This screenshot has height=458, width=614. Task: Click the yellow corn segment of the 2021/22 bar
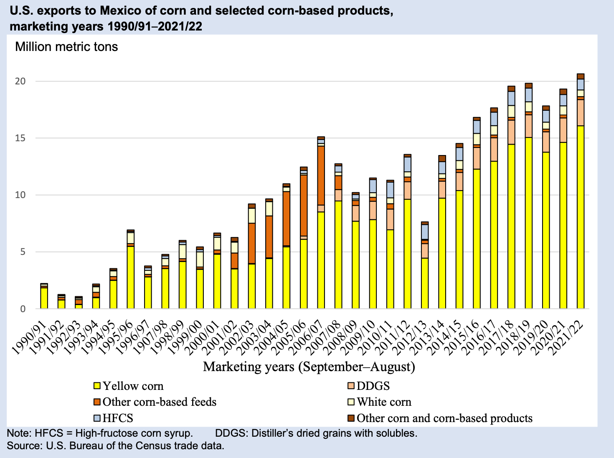[581, 217]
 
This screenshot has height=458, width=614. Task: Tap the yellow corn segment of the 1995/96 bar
[131, 277]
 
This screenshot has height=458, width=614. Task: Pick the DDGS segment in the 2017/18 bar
[511, 132]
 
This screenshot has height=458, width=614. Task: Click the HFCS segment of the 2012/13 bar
[425, 232]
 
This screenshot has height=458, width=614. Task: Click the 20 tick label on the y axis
[20, 81]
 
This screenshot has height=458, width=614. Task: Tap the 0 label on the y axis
[23, 309]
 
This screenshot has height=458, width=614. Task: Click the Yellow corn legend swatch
[97, 386]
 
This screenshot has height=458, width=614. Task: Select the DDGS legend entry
[373, 386]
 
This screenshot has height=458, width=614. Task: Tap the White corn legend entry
[384, 402]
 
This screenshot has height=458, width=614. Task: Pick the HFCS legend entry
[117, 418]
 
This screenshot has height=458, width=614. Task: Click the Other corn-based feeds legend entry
[159, 402]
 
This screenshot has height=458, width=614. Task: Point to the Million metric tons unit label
[66, 46]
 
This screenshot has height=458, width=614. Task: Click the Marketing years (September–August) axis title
[309, 367]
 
